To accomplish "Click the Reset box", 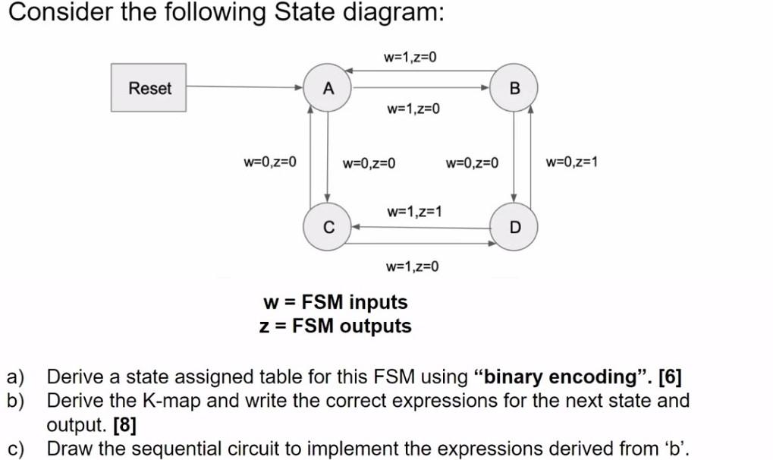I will point(149,88).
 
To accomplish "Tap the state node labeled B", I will point(515,88).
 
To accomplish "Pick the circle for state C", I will point(328,226).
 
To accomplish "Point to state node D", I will point(515,226).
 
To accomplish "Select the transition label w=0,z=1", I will point(571,162).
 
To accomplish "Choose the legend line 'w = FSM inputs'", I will point(335,302).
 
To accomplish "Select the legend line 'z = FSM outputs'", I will point(335,326).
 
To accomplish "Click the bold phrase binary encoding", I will point(563,377).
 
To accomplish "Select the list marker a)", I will point(16,377).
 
